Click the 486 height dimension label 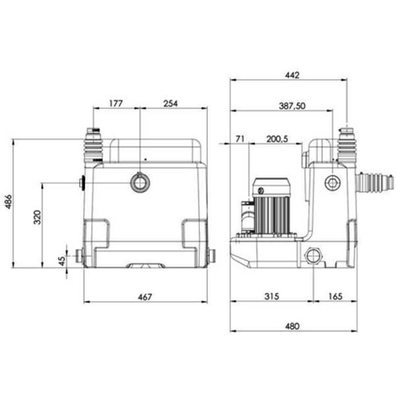(9, 203)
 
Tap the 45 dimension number (61, 260)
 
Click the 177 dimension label (115, 103)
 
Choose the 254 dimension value (170, 103)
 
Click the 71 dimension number (240, 140)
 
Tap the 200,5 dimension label (277, 140)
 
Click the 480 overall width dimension (293, 326)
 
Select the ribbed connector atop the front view (94, 146)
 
